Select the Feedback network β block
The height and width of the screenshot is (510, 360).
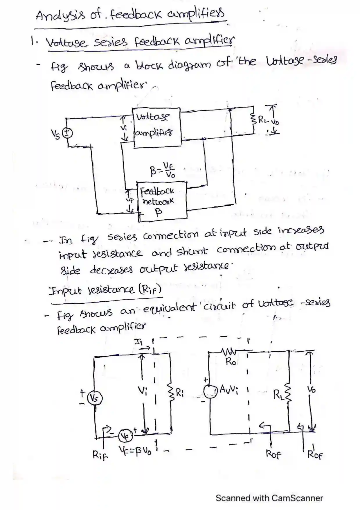click(x=162, y=201)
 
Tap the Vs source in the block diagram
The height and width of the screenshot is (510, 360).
click(x=68, y=133)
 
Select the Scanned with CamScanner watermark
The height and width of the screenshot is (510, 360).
click(x=269, y=498)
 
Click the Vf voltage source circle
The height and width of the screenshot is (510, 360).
click(x=126, y=436)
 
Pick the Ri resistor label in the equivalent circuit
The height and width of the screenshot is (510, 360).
click(x=179, y=393)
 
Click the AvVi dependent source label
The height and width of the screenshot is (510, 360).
click(x=228, y=389)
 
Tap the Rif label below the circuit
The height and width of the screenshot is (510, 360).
click(x=100, y=455)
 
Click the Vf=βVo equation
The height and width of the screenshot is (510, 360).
click(x=135, y=451)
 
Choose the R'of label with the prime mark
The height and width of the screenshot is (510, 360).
click(x=315, y=454)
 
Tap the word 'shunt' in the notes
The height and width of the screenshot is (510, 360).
click(x=192, y=252)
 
